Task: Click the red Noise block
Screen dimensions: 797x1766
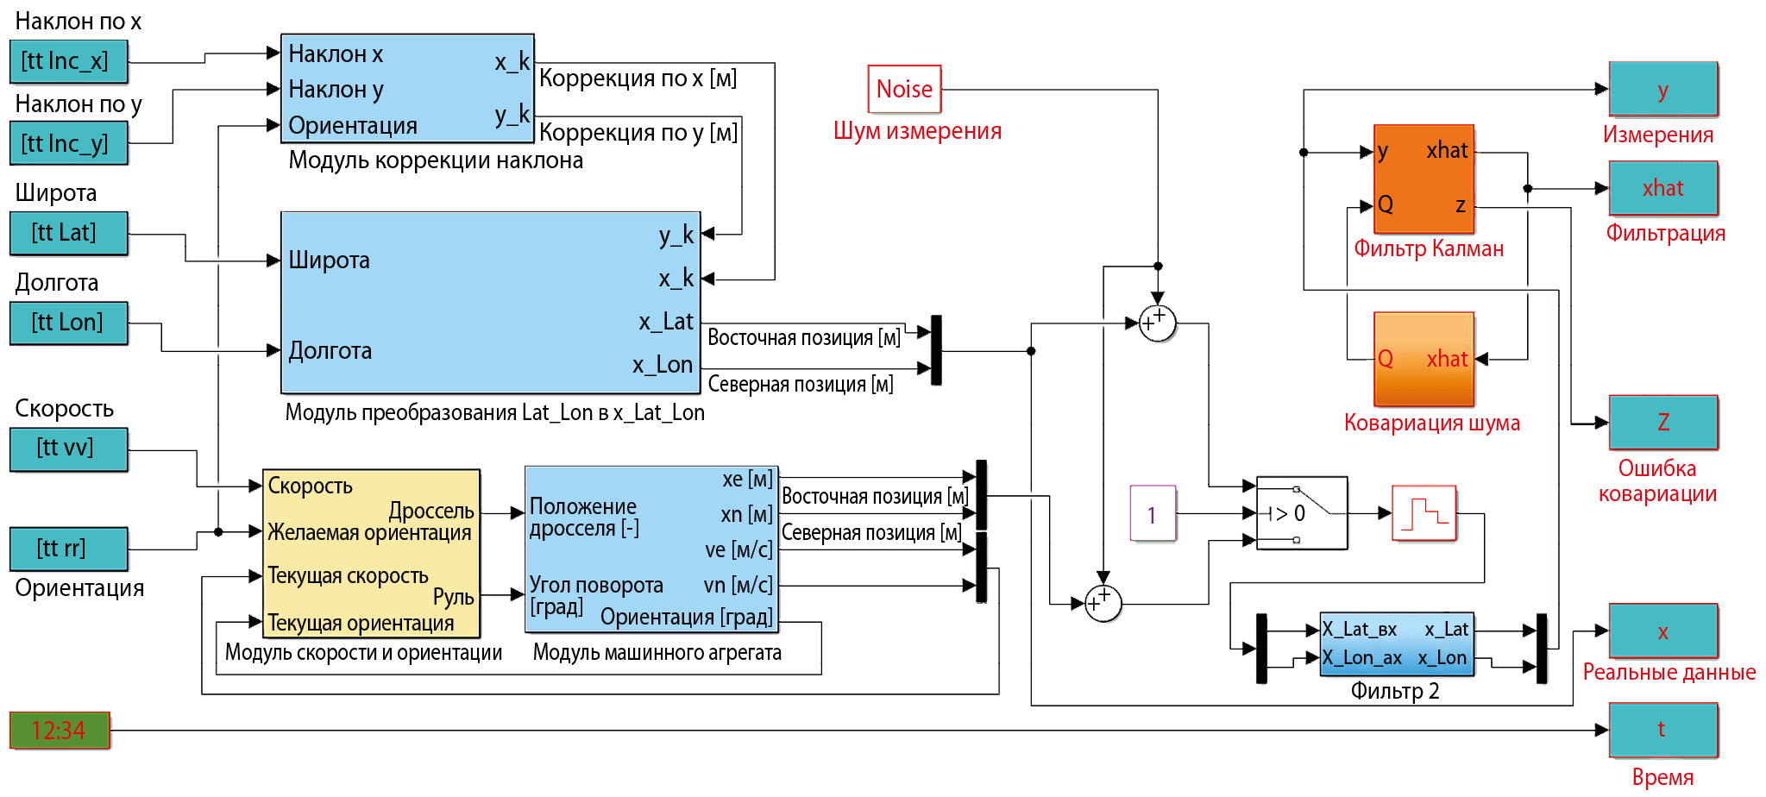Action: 904,89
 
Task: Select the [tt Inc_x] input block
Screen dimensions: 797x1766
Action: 69,61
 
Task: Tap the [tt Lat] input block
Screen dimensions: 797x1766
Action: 69,233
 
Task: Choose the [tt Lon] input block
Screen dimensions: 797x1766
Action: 69,323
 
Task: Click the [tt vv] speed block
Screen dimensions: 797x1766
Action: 69,449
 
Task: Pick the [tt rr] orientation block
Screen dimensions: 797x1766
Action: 69,549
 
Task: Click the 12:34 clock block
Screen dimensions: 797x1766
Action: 60,731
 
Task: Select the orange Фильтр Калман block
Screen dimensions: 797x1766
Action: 1423,179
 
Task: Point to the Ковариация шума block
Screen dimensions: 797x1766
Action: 1423,359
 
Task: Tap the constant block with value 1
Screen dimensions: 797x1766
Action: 1153,514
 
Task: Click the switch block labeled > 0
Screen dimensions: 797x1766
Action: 1301,513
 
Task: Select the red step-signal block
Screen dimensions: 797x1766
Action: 1423,513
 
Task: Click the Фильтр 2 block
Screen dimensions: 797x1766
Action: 1396,644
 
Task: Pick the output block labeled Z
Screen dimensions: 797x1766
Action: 1663,422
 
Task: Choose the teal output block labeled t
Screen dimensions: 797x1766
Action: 1663,730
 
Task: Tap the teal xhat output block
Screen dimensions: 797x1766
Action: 1663,188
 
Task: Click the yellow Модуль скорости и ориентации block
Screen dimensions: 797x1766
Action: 371,553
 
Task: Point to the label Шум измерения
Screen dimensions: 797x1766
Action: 917,131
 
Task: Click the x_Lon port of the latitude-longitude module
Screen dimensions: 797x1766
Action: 663,365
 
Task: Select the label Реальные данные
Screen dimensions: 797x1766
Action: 1669,673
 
